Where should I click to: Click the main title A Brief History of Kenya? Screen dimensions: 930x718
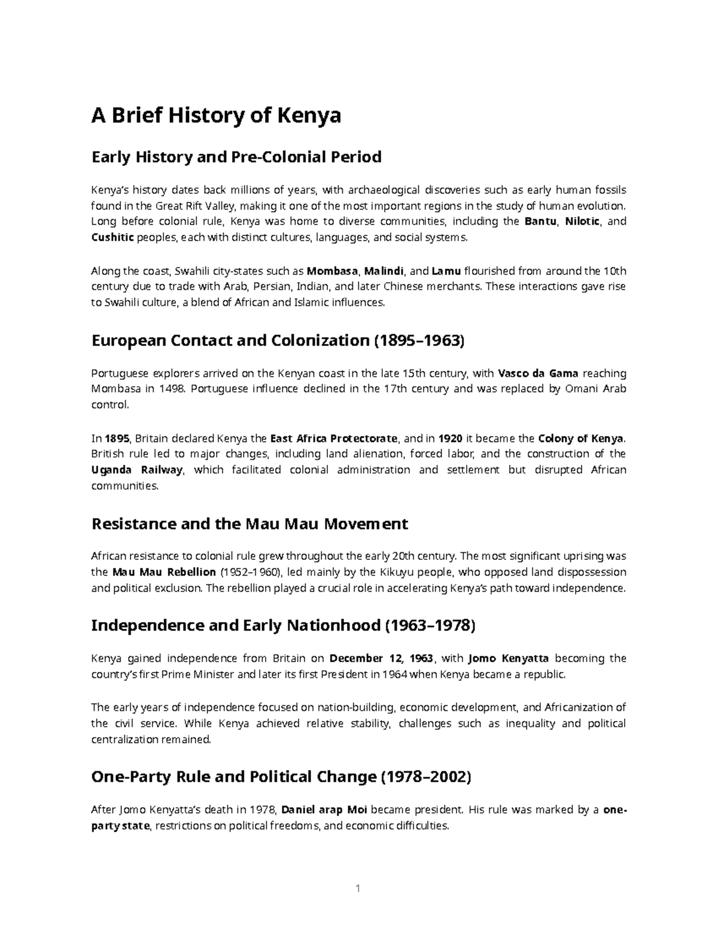215,115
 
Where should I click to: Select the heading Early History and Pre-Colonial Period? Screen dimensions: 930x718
236,157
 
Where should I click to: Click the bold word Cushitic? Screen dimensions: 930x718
112,238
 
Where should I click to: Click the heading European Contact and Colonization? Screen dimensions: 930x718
277,341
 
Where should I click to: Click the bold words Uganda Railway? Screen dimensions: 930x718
137,470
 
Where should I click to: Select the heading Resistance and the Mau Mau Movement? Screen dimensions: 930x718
249,524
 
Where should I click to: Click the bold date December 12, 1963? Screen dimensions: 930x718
381,659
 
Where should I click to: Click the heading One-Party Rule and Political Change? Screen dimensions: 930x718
281,777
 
